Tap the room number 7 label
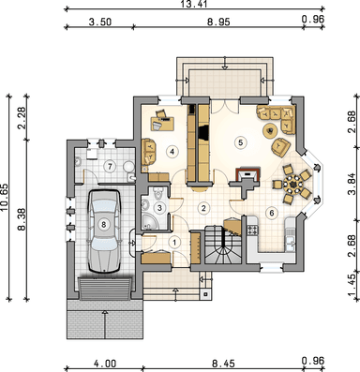pyautogui.click(x=110, y=166)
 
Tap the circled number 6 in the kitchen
pyautogui.click(x=272, y=213)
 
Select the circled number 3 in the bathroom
pyautogui.click(x=160, y=208)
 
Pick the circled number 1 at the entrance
pyautogui.click(x=173, y=241)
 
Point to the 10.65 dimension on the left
pyautogui.click(x=7, y=200)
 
